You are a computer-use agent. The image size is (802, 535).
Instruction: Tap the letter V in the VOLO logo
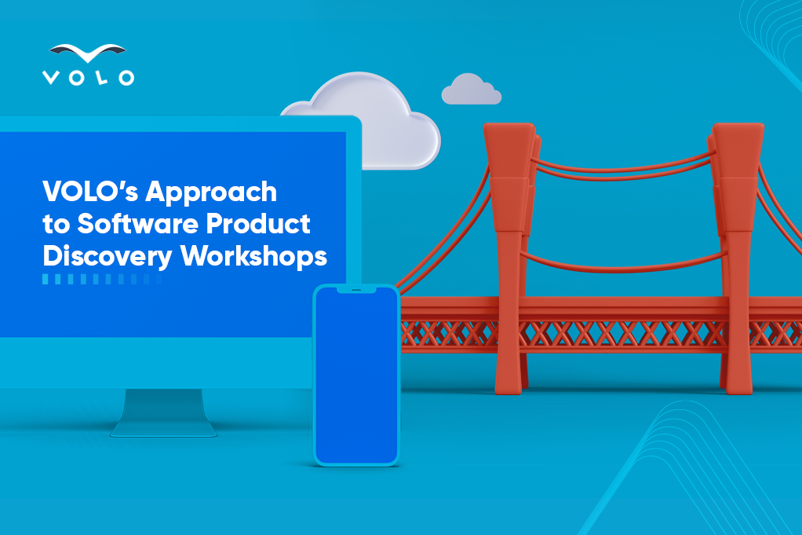coord(51,78)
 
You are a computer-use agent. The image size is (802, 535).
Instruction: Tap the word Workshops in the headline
coord(253,256)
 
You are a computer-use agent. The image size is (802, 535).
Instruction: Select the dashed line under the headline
coord(102,279)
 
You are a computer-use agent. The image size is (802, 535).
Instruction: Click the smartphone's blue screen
coord(356,376)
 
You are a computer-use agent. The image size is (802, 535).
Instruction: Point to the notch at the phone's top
coord(356,290)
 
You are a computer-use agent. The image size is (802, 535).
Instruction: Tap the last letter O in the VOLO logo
coord(126,78)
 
